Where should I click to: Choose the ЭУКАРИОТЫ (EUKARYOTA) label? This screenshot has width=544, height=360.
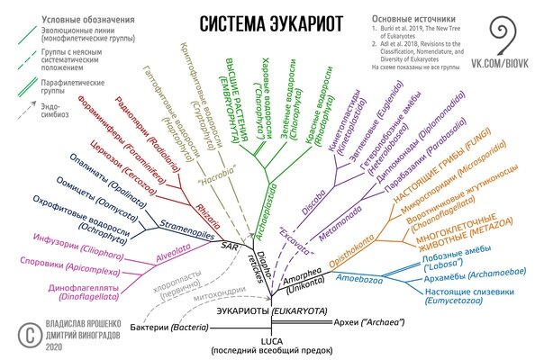click(x=271, y=310)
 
